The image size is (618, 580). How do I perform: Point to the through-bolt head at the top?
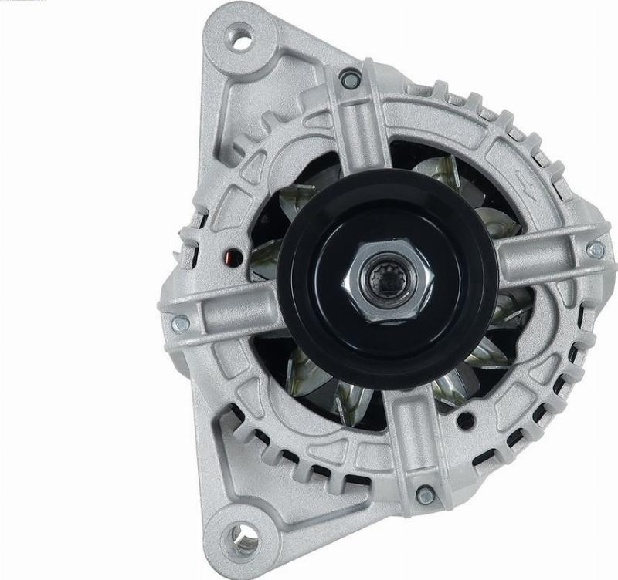coord(351,78)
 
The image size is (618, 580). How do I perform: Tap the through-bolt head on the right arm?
coord(595,249)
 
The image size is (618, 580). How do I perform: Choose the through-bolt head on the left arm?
coord(179,324)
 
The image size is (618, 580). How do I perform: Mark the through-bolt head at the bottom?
coord(423,494)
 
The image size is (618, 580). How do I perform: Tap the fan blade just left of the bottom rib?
coord(352,401)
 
